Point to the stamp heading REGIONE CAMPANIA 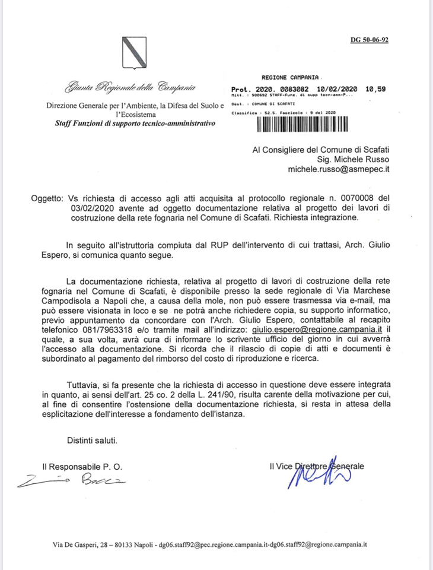click(x=290, y=78)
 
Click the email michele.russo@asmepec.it click(x=338, y=170)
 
